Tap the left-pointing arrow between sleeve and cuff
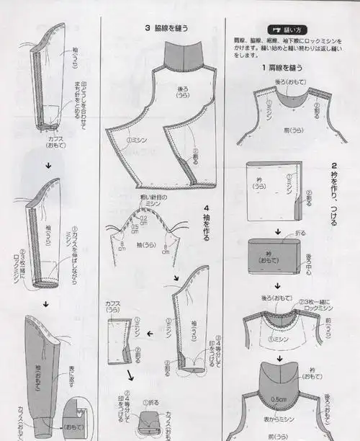[x=148, y=333]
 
